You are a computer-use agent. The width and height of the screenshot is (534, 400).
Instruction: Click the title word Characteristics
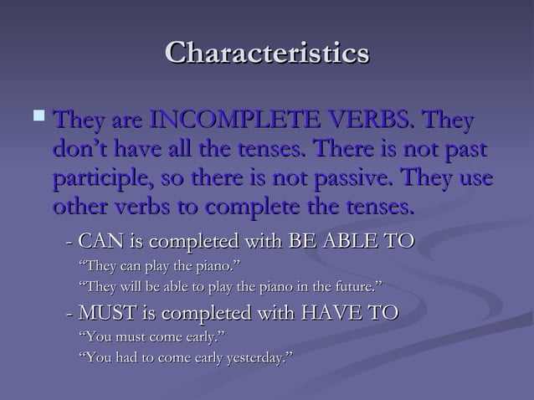pos(267,53)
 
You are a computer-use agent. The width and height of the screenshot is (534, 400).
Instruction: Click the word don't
pos(80,151)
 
